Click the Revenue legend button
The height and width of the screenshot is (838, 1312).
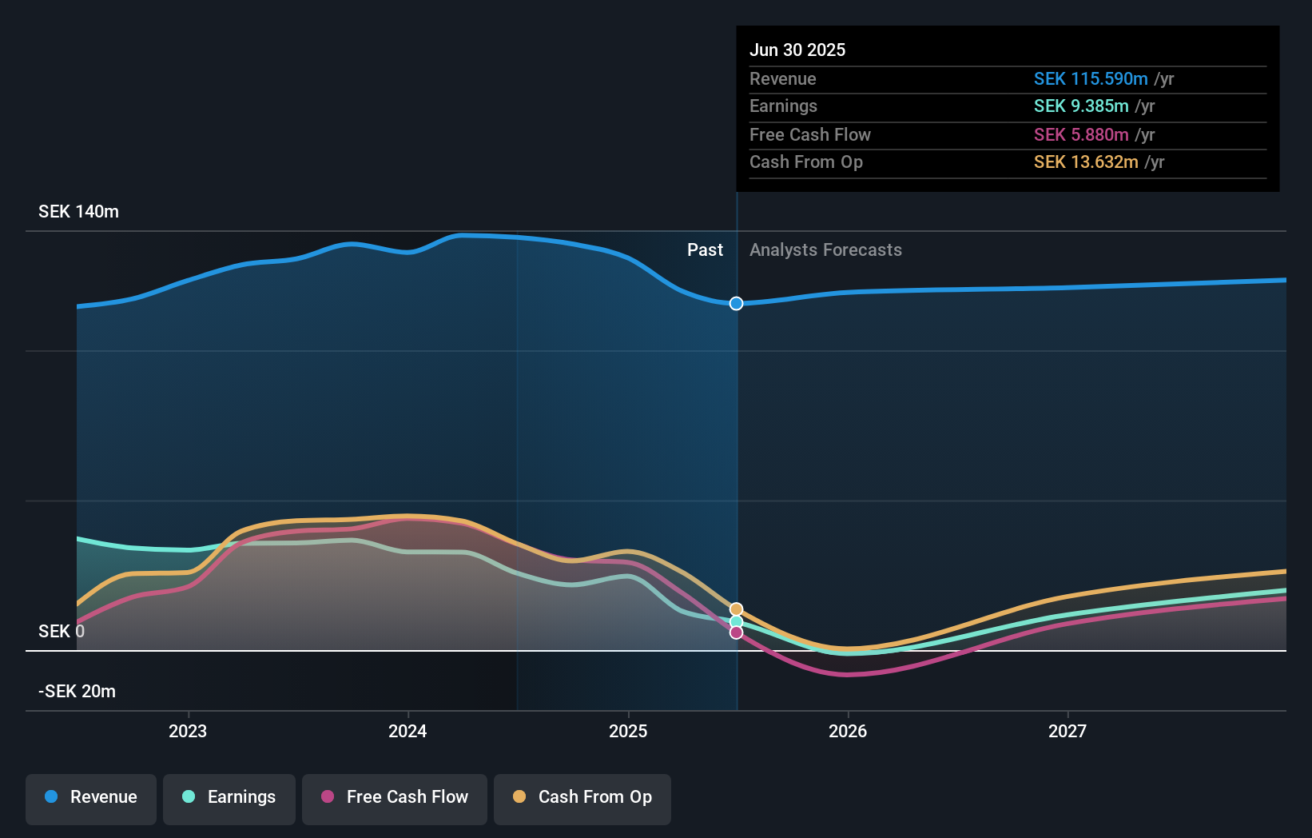click(91, 797)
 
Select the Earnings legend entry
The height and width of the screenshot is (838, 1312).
click(229, 797)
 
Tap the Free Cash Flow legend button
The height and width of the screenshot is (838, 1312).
click(395, 797)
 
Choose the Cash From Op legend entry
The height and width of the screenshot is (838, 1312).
click(582, 797)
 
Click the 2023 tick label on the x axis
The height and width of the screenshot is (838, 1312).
click(188, 731)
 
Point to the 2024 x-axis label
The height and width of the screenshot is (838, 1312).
click(408, 731)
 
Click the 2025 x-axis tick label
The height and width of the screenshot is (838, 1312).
click(628, 731)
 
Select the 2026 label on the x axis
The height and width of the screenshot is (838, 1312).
click(848, 731)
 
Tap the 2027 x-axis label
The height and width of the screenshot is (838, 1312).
click(1067, 731)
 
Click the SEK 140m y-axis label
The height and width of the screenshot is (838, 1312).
click(78, 212)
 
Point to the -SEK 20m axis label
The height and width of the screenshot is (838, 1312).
click(78, 691)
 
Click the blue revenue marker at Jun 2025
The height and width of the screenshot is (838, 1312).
click(736, 304)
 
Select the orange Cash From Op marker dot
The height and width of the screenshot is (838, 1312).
click(736, 609)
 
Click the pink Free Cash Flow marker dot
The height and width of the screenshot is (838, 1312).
click(736, 632)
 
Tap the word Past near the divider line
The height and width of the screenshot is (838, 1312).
click(705, 250)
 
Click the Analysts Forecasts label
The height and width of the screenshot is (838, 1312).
click(825, 250)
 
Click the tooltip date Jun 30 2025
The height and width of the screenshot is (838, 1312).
click(797, 50)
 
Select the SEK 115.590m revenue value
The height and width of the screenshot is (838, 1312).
click(1091, 79)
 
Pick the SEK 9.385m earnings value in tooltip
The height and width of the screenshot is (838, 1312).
click(1081, 106)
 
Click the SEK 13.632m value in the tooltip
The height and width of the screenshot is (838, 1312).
click(1086, 162)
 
